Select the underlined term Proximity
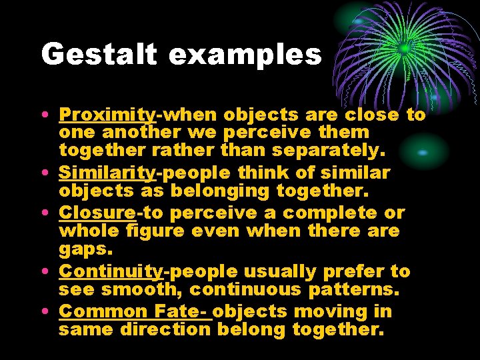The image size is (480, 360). [x=107, y=115]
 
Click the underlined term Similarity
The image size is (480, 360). [x=107, y=173]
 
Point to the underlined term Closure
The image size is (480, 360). [x=97, y=213]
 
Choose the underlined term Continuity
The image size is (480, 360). [x=111, y=272]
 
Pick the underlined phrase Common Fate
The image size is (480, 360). [x=133, y=311]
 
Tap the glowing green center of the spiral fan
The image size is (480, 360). [x=404, y=48]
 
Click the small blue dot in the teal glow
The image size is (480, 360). [x=422, y=152]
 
